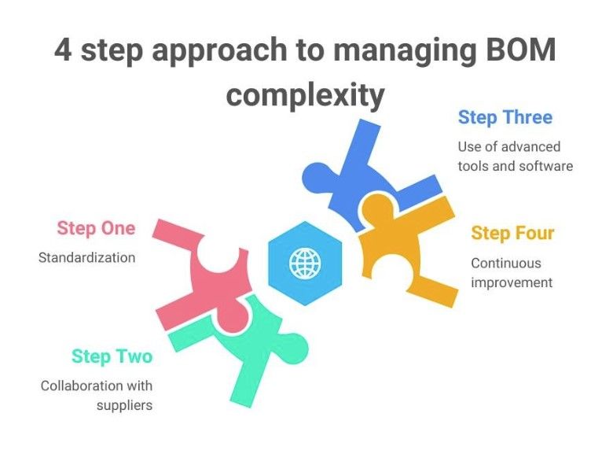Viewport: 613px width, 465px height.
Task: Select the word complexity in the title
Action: [305, 95]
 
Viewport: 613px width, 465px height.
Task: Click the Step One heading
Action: [96, 229]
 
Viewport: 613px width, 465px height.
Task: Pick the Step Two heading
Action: [112, 356]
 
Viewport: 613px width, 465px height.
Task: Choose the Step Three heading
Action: [505, 118]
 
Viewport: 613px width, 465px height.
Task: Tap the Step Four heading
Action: [512, 234]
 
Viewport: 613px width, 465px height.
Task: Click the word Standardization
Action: [86, 257]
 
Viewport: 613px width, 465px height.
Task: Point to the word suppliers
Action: [124, 406]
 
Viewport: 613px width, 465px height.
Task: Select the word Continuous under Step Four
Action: [505, 263]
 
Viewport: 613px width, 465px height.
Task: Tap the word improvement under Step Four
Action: [512, 282]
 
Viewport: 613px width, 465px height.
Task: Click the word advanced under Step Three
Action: [532, 146]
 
